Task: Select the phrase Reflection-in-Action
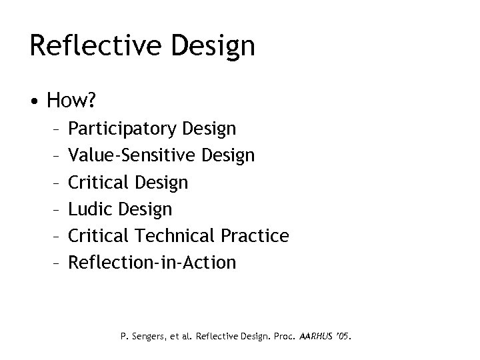(153, 262)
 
